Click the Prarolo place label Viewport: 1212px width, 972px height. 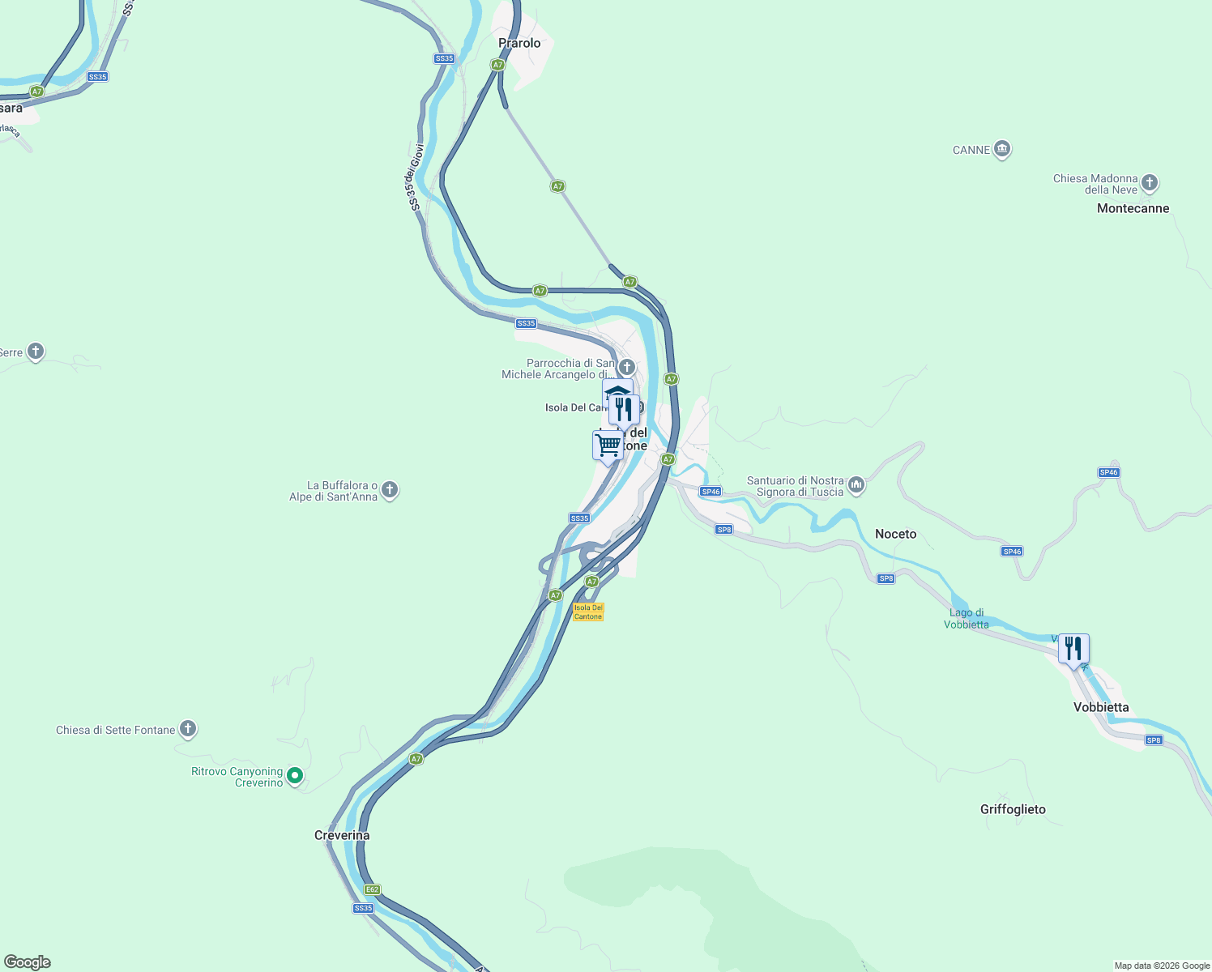[519, 43]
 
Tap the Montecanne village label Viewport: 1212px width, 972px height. [1133, 208]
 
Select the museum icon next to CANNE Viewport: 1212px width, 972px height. [1002, 150]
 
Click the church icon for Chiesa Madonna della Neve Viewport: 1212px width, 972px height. [1150, 183]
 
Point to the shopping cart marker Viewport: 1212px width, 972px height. [608, 445]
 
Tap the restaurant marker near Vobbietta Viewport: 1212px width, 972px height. [1073, 649]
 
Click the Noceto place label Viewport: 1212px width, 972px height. [895, 534]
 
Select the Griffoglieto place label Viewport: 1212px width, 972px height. [1013, 809]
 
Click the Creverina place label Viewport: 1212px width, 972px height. [342, 835]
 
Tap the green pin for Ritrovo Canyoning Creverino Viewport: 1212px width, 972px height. [295, 776]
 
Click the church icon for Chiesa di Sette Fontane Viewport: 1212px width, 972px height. [188, 729]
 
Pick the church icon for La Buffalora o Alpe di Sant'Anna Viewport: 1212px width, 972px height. [390, 490]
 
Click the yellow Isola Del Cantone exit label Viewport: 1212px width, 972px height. [588, 612]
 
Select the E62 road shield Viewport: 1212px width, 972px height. [372, 889]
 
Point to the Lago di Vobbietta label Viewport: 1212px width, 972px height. [967, 618]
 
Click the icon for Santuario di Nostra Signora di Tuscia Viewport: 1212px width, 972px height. [856, 485]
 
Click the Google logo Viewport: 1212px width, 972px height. [27, 962]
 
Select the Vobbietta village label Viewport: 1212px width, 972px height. [1101, 707]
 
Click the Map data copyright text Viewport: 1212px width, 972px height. [1161, 966]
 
